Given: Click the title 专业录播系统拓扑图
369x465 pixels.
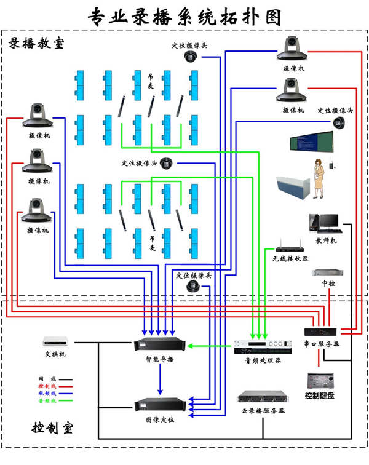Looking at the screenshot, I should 184,16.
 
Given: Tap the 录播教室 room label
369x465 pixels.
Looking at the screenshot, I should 36,44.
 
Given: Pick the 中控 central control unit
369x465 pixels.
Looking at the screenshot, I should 324,272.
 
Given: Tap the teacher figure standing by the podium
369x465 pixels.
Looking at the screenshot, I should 319,177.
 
